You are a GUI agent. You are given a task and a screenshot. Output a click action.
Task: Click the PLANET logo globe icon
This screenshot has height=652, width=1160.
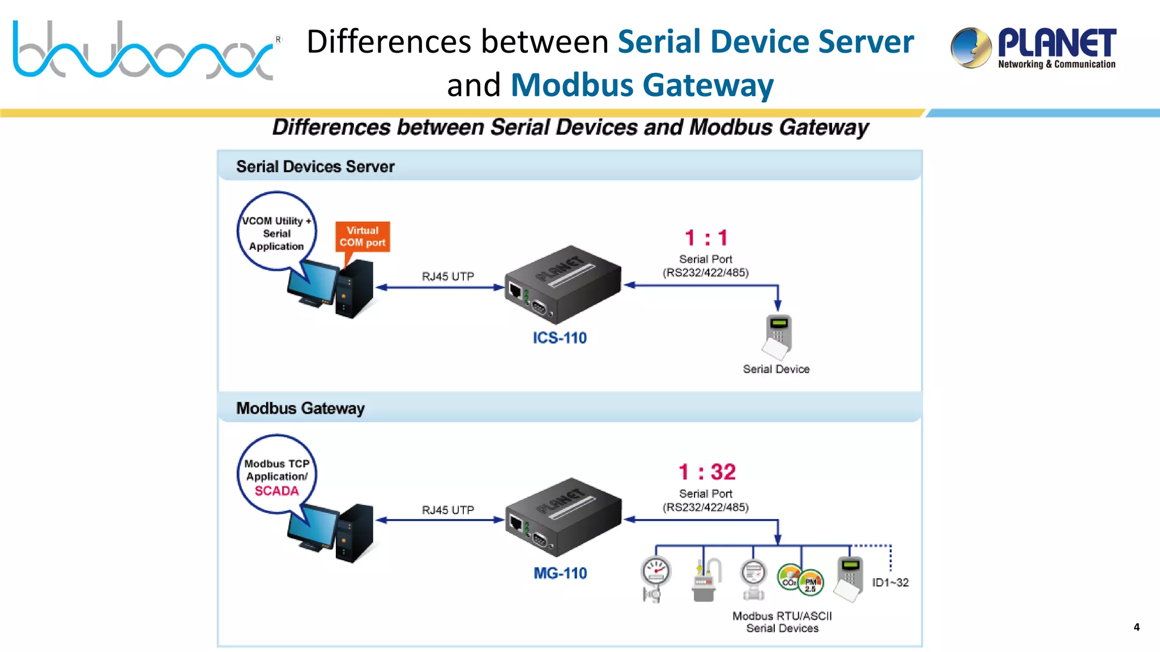[971, 48]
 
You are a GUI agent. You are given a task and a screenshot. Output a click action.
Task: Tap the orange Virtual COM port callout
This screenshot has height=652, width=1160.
[362, 237]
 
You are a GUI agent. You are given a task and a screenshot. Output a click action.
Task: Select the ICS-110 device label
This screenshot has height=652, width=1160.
[560, 338]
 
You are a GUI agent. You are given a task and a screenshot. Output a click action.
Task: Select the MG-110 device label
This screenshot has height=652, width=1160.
[560, 573]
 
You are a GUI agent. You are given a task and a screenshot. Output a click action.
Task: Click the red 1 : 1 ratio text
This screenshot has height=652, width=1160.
[706, 238]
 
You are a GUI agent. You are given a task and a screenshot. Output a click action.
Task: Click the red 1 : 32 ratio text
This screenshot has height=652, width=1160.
[707, 472]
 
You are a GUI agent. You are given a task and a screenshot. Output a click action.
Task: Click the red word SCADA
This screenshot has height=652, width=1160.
[276, 491]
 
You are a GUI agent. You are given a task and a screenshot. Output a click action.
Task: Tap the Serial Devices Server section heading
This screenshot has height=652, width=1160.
[315, 166]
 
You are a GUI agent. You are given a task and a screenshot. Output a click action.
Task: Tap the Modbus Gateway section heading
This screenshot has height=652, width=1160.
[300, 408]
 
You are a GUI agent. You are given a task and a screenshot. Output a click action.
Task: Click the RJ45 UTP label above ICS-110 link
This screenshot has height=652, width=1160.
[447, 276]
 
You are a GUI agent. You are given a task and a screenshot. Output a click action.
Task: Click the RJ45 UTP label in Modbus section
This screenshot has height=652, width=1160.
[447, 510]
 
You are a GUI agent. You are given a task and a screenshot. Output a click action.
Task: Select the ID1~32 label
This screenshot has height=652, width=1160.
[890, 582]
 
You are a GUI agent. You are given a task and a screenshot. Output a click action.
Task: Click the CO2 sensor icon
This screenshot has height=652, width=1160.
[789, 577]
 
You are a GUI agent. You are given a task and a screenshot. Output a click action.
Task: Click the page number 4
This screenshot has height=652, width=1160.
[1136, 627]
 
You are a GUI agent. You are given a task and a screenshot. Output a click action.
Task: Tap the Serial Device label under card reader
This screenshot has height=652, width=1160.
[776, 369]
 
